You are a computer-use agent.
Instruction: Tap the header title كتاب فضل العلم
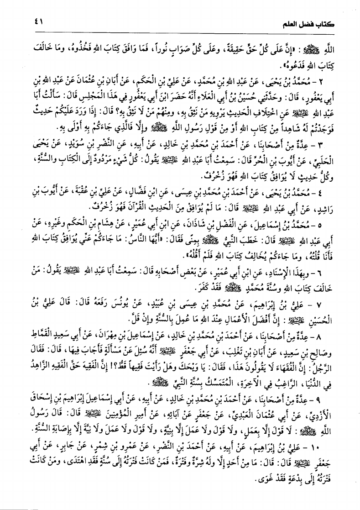[317, 22]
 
